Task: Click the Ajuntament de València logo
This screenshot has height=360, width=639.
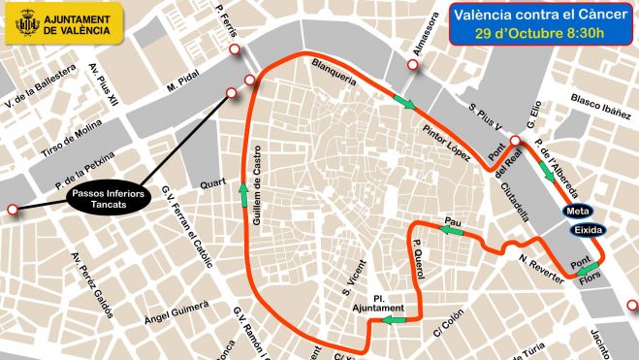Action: (x=64, y=23)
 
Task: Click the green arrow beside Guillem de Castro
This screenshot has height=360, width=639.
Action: (x=240, y=197)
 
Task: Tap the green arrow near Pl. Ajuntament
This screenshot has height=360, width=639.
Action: (x=393, y=318)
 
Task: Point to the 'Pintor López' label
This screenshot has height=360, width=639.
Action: (x=446, y=142)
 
